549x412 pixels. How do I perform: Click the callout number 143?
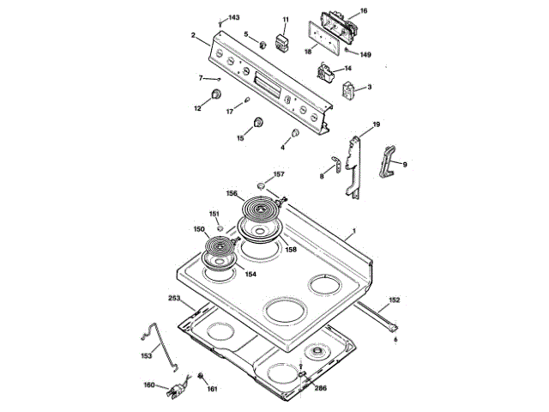(x=234, y=18)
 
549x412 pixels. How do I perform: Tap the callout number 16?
(x=363, y=10)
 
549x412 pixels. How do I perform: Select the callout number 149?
(x=365, y=54)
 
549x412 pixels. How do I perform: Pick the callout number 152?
(x=394, y=300)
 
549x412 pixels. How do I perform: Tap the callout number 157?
(x=279, y=174)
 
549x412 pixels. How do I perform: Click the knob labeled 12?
(x=216, y=94)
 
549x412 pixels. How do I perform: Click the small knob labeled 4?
(x=294, y=135)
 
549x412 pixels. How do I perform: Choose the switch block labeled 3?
(x=350, y=91)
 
